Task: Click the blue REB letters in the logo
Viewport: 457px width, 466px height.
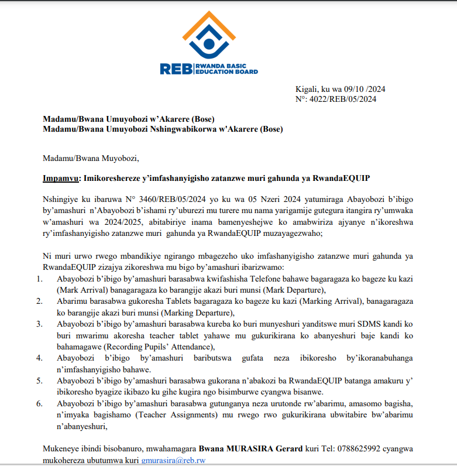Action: tap(176, 68)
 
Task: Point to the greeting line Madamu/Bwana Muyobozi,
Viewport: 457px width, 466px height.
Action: tap(91, 158)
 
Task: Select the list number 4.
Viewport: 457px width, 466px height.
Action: tap(39, 358)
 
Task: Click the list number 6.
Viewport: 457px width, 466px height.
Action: tap(39, 404)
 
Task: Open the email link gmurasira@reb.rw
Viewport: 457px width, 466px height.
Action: tap(173, 460)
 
